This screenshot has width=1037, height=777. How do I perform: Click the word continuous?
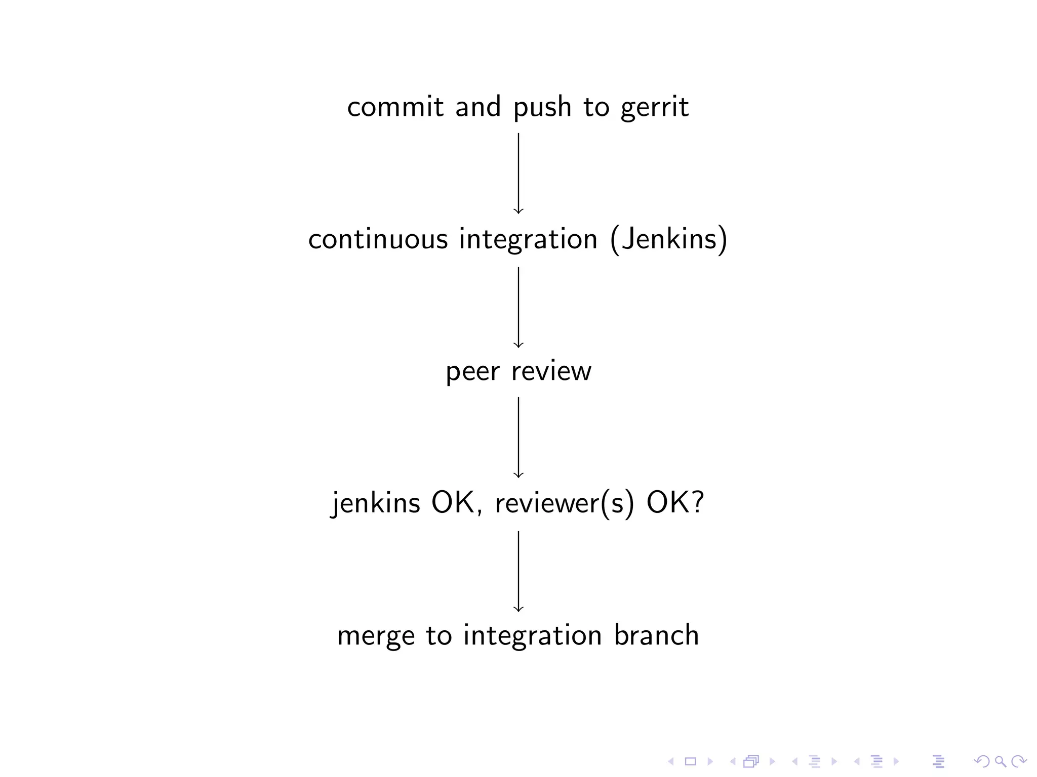[x=378, y=239]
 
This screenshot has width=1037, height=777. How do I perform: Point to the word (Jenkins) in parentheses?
[x=669, y=239]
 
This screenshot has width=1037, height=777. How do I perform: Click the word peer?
[x=472, y=372]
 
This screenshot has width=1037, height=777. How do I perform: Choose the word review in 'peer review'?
[x=551, y=372]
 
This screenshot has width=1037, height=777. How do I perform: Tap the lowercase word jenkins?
[x=375, y=503]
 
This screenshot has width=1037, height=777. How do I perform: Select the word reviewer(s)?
[x=564, y=503]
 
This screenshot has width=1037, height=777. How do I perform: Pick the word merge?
[x=376, y=636]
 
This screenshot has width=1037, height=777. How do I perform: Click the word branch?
[x=656, y=635]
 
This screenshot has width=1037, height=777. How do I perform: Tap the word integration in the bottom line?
[x=532, y=636]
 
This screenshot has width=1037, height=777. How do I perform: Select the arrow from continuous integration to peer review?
[x=518, y=307]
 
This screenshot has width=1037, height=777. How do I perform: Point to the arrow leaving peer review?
[x=518, y=438]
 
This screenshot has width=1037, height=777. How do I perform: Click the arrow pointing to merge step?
[x=518, y=571]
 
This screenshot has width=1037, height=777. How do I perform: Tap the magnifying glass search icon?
[x=1001, y=761]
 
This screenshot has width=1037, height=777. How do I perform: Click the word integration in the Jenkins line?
[x=528, y=239]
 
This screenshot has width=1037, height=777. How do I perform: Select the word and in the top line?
[x=477, y=107]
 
